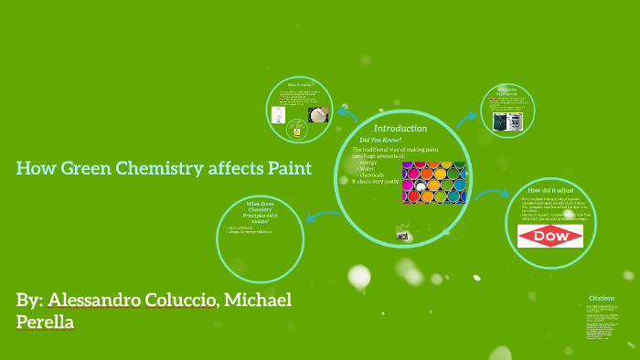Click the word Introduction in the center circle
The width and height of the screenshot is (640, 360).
[400, 128]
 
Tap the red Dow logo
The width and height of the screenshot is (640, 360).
[549, 236]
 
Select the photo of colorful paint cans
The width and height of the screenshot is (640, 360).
[433, 182]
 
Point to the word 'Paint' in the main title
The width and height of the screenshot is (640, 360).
[284, 168]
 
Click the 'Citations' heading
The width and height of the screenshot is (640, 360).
[602, 298]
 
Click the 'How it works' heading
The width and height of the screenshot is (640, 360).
[300, 84]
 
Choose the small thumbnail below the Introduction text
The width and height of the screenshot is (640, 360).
[402, 235]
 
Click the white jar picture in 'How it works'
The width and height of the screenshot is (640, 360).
[317, 115]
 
